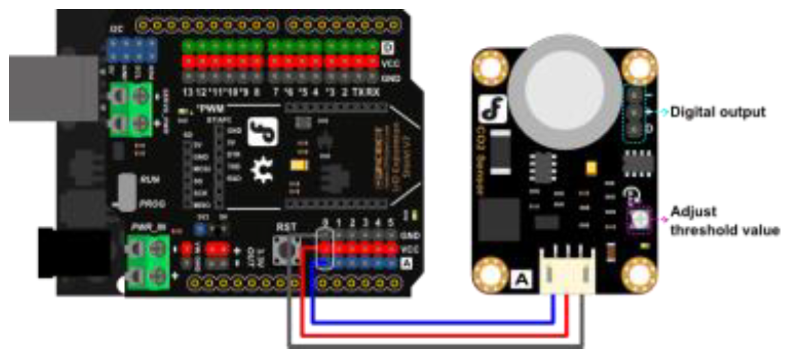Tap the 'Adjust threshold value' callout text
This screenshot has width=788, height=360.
724,221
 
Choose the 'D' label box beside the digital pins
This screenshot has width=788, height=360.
387,48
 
